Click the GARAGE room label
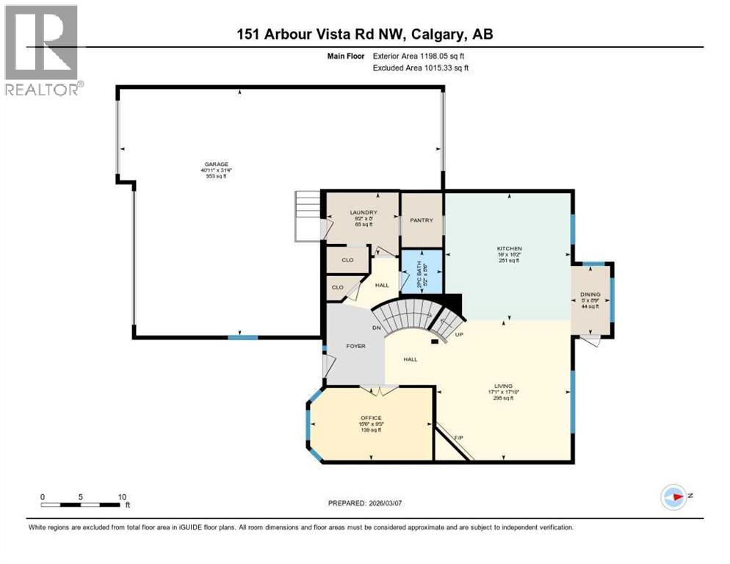pyautogui.click(x=217, y=164)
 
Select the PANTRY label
pyautogui.click(x=422, y=220)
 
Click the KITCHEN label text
pyautogui.click(x=509, y=249)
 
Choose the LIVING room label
pyautogui.click(x=503, y=386)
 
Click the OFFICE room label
pyautogui.click(x=371, y=418)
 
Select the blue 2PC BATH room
pyautogui.click(x=422, y=271)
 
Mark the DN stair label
pyautogui.click(x=376, y=327)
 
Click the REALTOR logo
pyautogui.click(x=42, y=51)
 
